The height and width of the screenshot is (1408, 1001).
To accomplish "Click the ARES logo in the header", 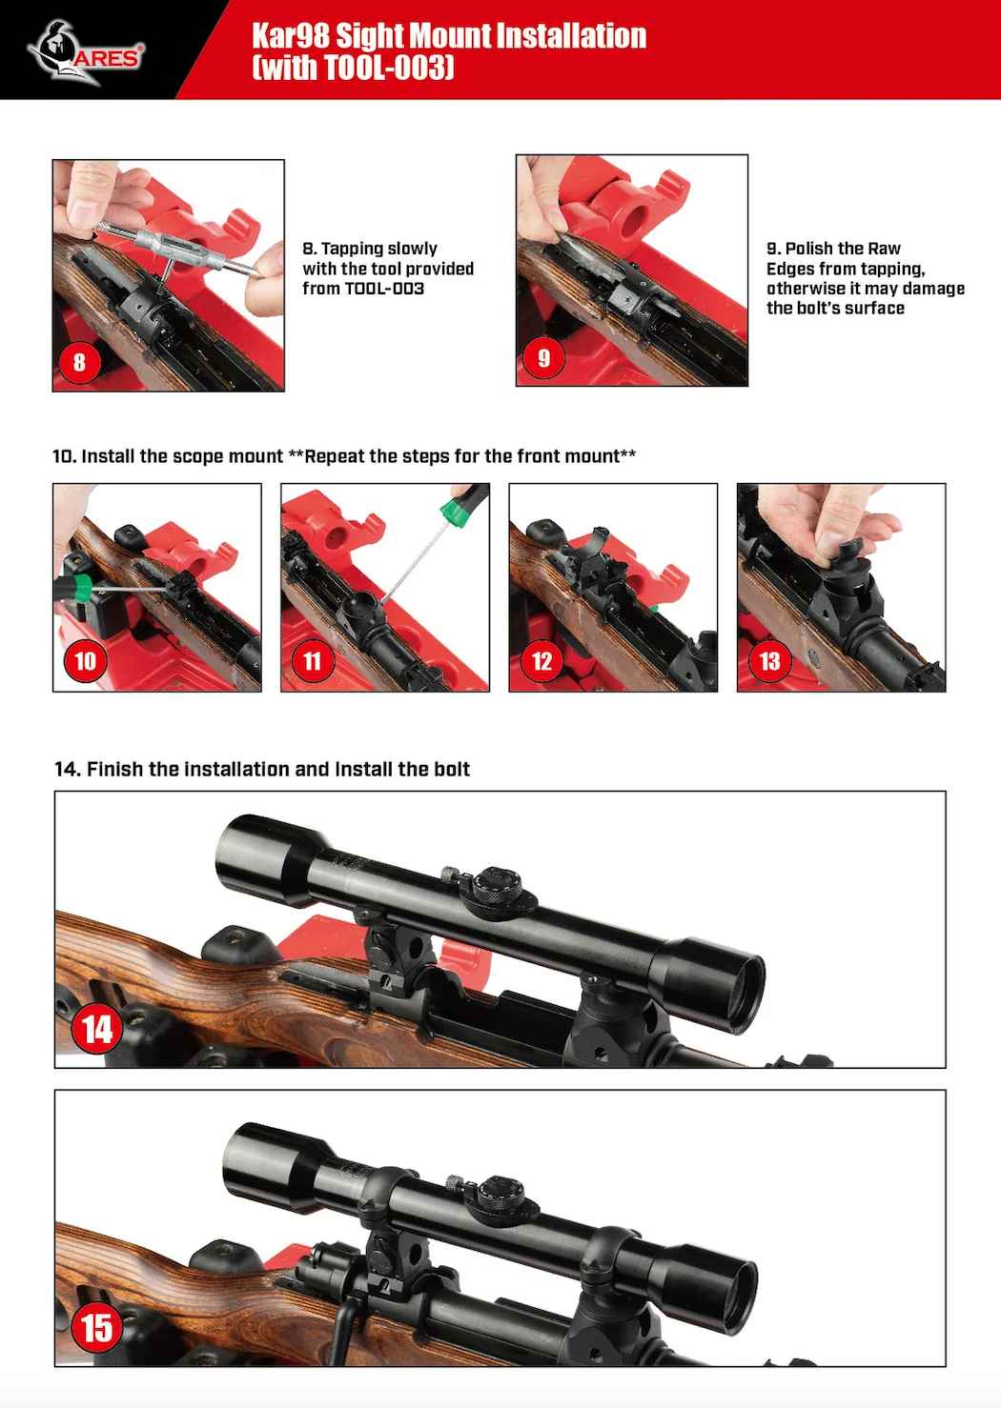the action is [x=86, y=52].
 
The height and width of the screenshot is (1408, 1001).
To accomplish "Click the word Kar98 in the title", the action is [x=291, y=36].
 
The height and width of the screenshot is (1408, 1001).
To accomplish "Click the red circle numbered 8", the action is [x=79, y=362].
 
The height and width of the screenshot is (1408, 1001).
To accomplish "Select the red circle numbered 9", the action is [x=543, y=357].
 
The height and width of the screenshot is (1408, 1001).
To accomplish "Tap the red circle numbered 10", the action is [x=85, y=660].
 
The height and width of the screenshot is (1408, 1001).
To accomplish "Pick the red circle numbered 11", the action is [x=313, y=660].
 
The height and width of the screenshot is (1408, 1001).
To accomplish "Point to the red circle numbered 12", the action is [x=541, y=660].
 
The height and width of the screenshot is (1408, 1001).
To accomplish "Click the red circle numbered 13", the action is [x=769, y=660].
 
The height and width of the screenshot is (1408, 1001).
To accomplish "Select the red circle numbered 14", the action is [x=97, y=1030].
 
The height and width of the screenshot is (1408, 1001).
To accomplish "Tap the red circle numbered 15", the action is [x=97, y=1328].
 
